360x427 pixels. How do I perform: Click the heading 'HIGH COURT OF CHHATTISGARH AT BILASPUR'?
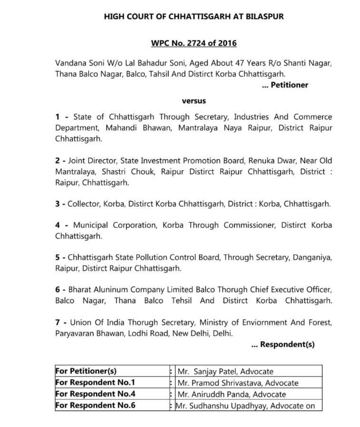194,17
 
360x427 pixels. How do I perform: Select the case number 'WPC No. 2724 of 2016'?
194,43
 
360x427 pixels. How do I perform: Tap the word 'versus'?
194,101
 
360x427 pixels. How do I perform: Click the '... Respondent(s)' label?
282,345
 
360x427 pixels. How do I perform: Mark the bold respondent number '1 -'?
61,117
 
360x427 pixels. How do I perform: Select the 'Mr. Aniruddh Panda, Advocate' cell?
231,394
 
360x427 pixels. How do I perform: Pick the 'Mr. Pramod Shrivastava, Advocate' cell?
237,383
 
